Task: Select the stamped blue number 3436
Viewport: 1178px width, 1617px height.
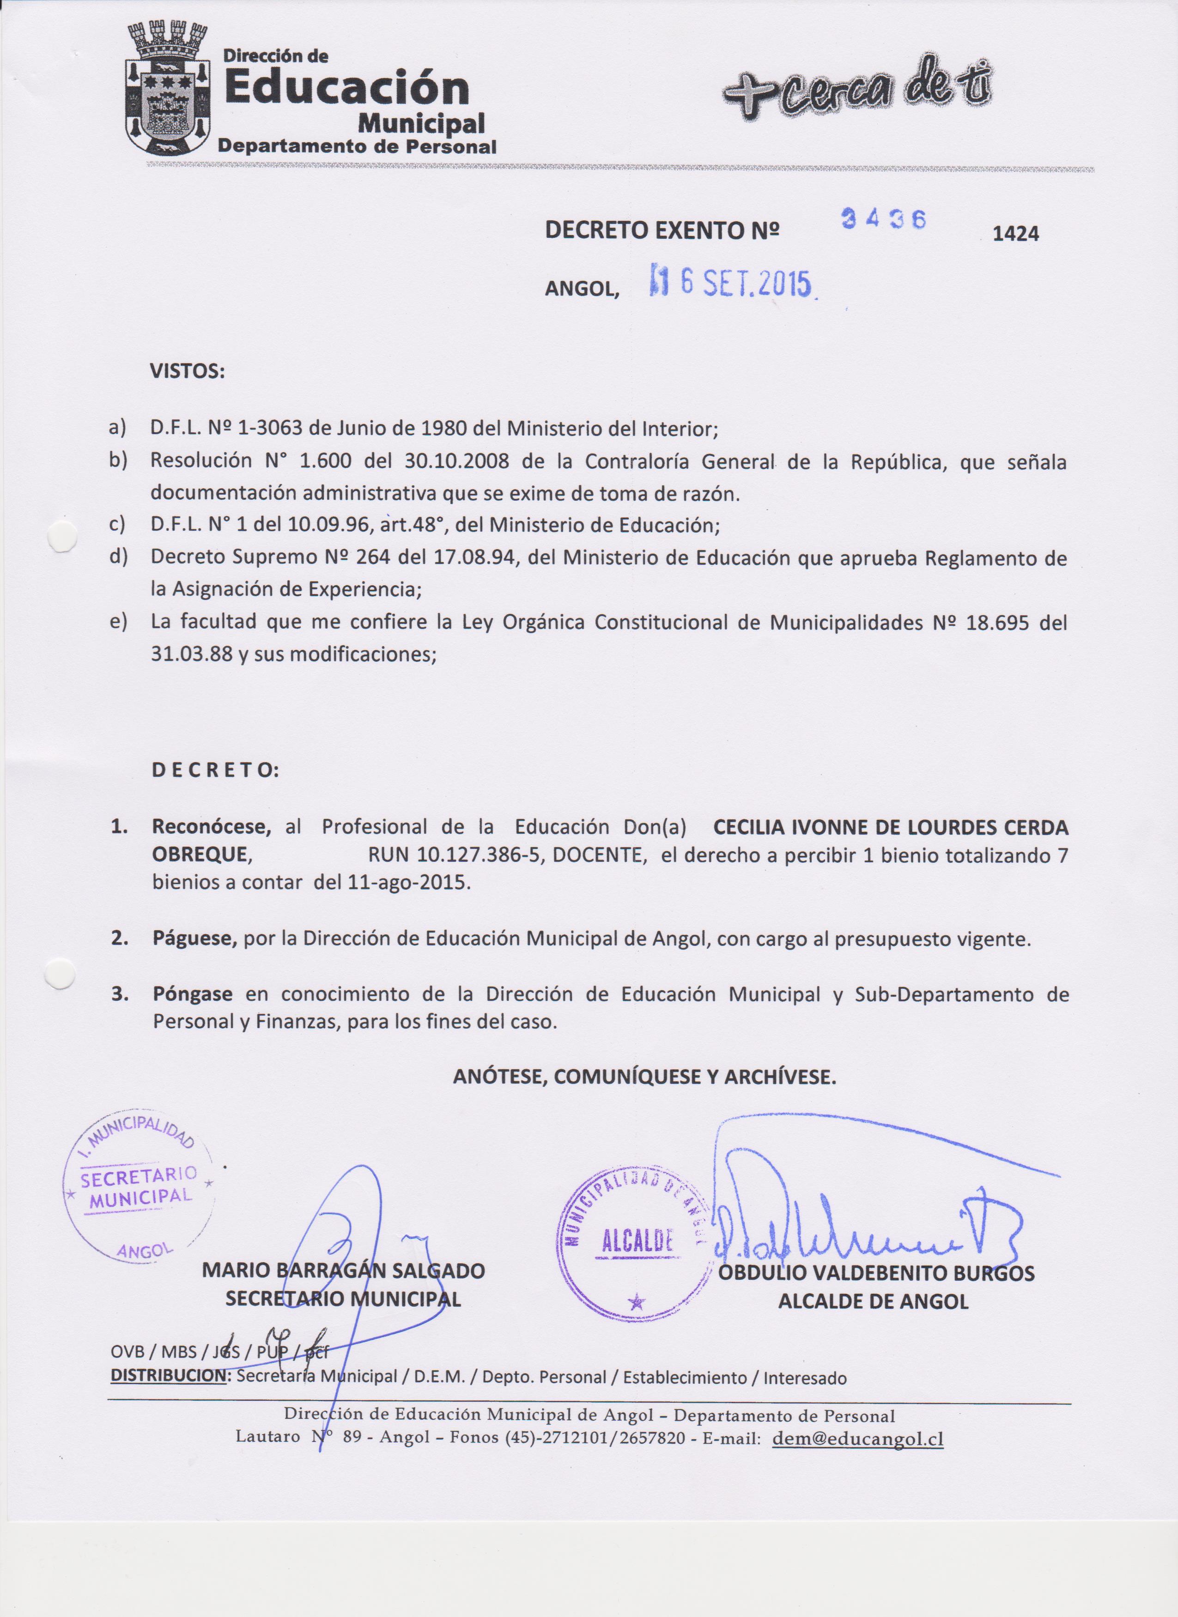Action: tap(884, 219)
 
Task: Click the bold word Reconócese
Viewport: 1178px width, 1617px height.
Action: tap(211, 827)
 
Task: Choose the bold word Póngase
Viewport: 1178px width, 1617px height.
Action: tap(192, 994)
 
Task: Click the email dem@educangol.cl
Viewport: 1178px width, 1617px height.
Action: tap(858, 1438)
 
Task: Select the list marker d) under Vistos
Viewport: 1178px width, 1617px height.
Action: tap(118, 557)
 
